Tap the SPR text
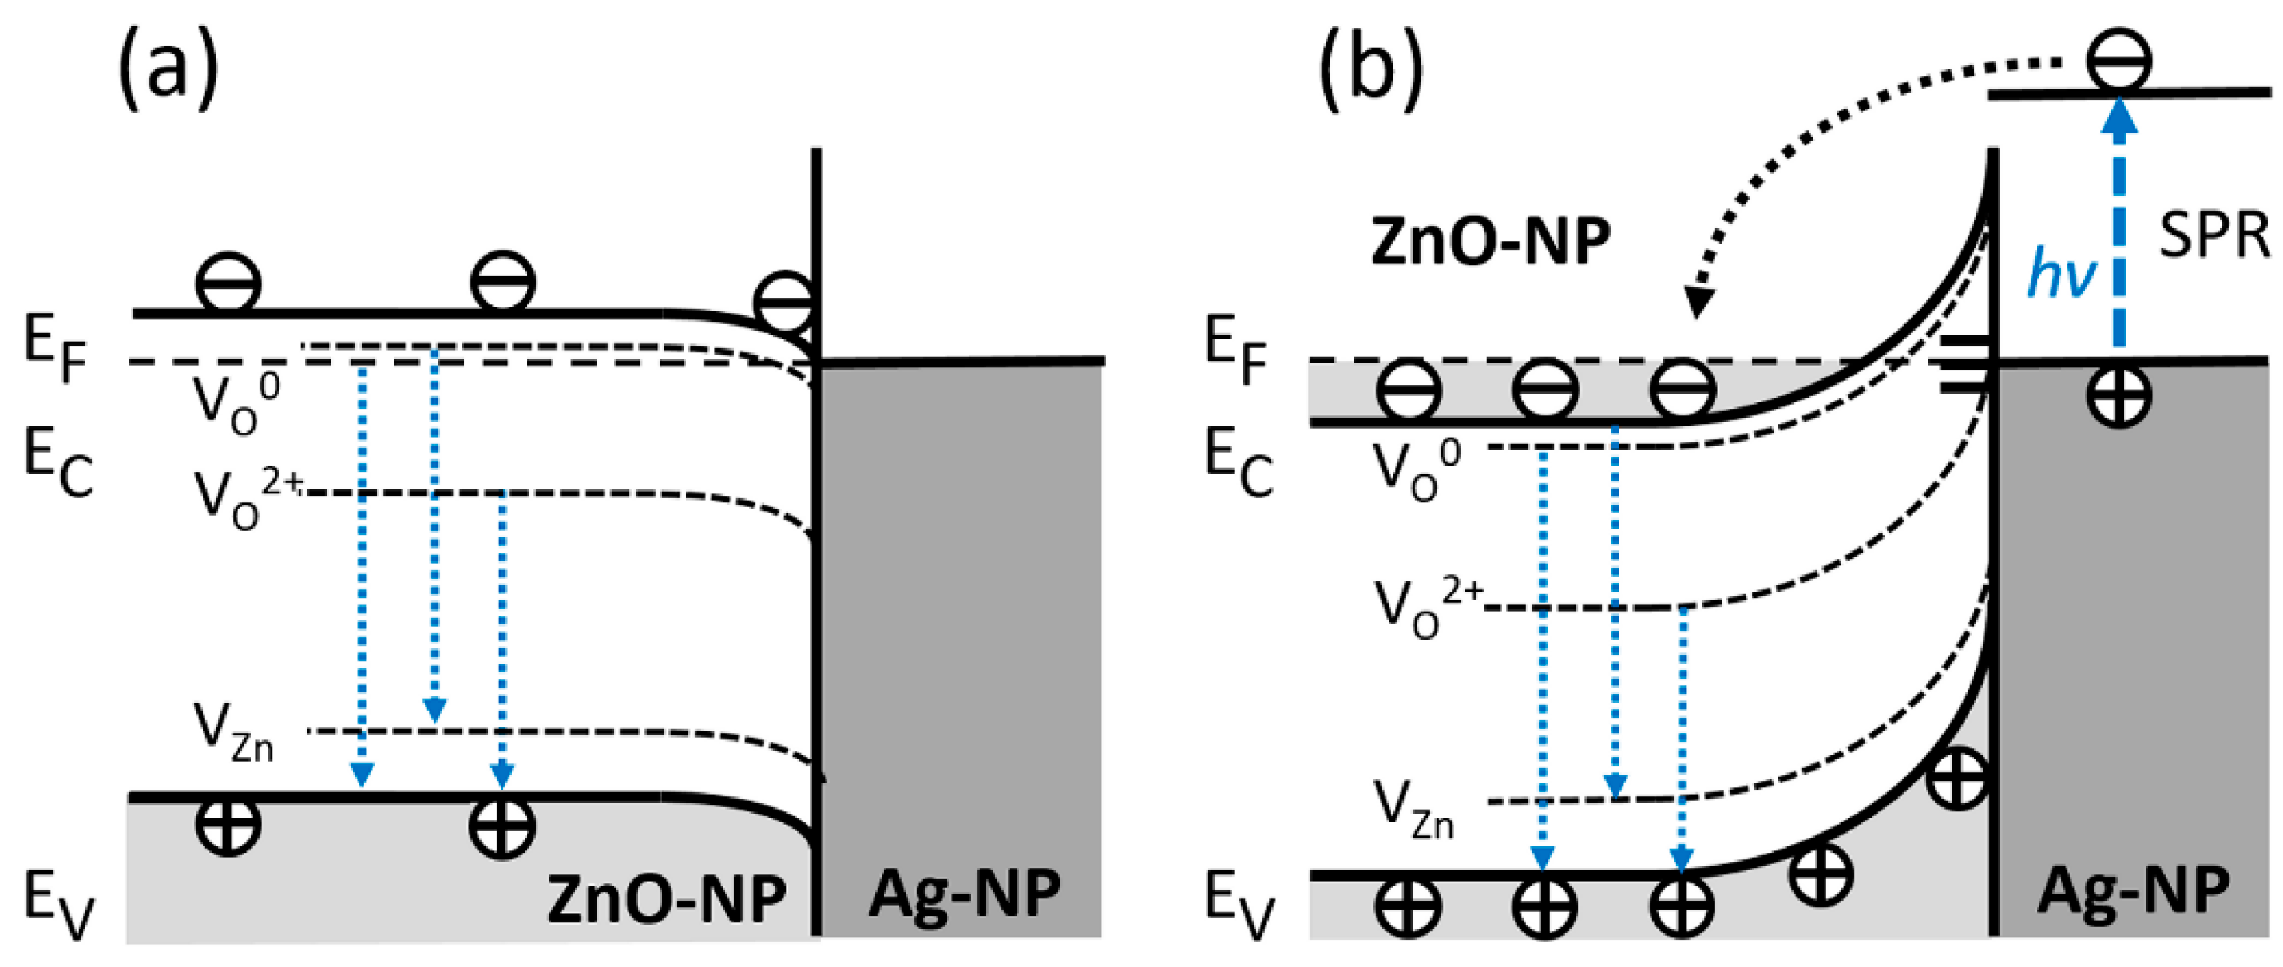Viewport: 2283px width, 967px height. click(x=2213, y=236)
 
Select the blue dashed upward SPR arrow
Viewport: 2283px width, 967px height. click(x=2119, y=231)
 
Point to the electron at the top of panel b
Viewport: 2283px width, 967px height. click(x=2119, y=60)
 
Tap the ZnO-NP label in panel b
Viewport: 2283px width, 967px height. click(x=1490, y=240)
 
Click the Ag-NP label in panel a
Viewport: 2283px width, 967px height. click(x=965, y=893)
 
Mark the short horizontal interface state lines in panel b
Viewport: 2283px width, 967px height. click(x=1961, y=363)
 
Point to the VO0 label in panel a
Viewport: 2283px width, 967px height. click(x=236, y=403)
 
